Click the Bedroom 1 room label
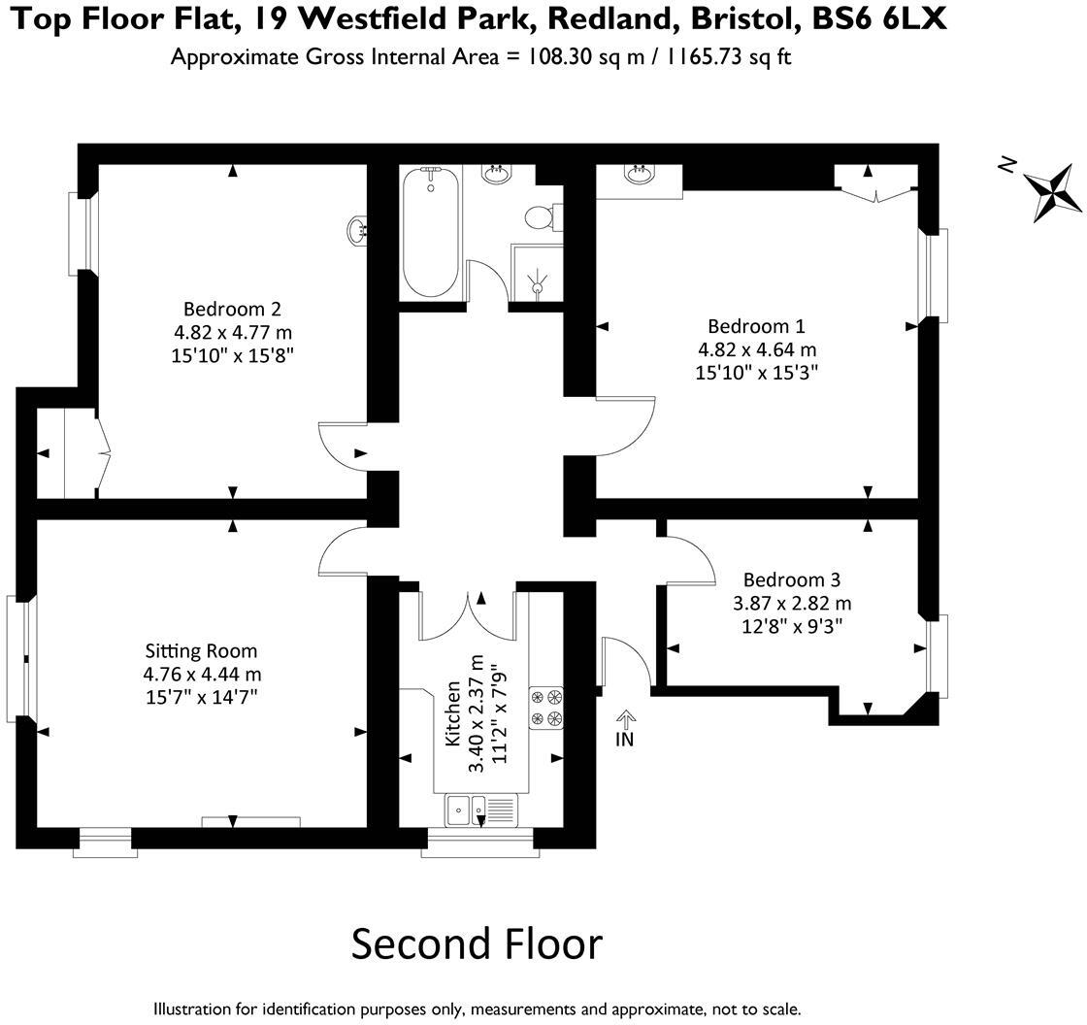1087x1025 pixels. coord(756,326)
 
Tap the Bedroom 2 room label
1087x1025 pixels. coord(232,310)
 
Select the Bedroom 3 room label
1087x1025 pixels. coord(791,579)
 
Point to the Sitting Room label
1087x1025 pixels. coord(201,650)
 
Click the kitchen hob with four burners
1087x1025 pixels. coord(546,708)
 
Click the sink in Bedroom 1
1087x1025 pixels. coord(639,176)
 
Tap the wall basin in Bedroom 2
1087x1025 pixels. coord(356,230)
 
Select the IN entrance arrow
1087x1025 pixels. coord(625,728)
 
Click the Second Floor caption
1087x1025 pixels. coord(477,943)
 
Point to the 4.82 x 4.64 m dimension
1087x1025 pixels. coord(757,349)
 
